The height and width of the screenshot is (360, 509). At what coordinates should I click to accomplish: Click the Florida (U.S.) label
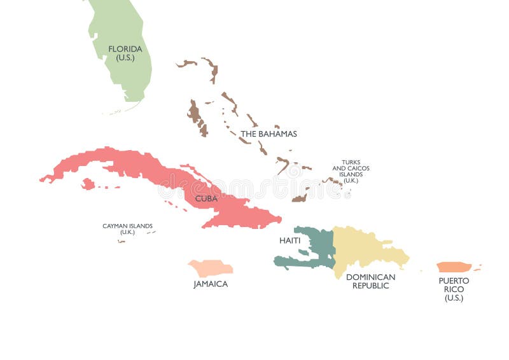(125, 53)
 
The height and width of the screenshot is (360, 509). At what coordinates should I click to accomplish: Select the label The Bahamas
(268, 134)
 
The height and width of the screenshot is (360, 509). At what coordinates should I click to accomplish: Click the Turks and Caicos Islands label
(351, 171)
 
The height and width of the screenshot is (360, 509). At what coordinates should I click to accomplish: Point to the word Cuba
(206, 198)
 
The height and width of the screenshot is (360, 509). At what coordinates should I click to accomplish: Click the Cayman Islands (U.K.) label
(127, 229)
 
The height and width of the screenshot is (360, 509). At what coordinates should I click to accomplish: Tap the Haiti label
(289, 240)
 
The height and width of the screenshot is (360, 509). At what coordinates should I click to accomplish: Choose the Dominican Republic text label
(370, 281)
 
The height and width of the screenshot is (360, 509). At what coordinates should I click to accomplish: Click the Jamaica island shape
(210, 267)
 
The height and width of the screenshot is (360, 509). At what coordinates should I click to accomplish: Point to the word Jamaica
(211, 284)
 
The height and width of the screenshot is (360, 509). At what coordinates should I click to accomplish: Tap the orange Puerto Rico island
(454, 267)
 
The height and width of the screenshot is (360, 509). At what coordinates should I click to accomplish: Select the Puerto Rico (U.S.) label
(454, 289)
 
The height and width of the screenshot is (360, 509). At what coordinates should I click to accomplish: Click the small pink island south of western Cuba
(88, 184)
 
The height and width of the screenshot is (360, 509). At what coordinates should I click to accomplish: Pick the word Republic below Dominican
(370, 286)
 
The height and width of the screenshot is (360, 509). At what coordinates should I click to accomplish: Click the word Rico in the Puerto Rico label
(454, 289)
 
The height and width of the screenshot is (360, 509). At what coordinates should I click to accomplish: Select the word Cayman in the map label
(115, 226)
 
